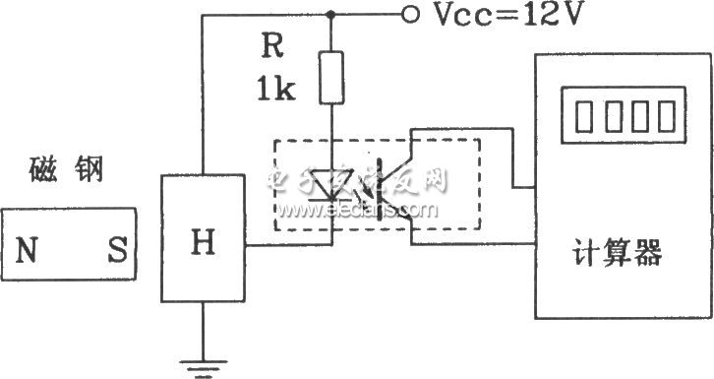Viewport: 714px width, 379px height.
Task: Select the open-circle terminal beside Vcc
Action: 410,15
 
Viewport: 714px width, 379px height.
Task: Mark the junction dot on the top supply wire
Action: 333,15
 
